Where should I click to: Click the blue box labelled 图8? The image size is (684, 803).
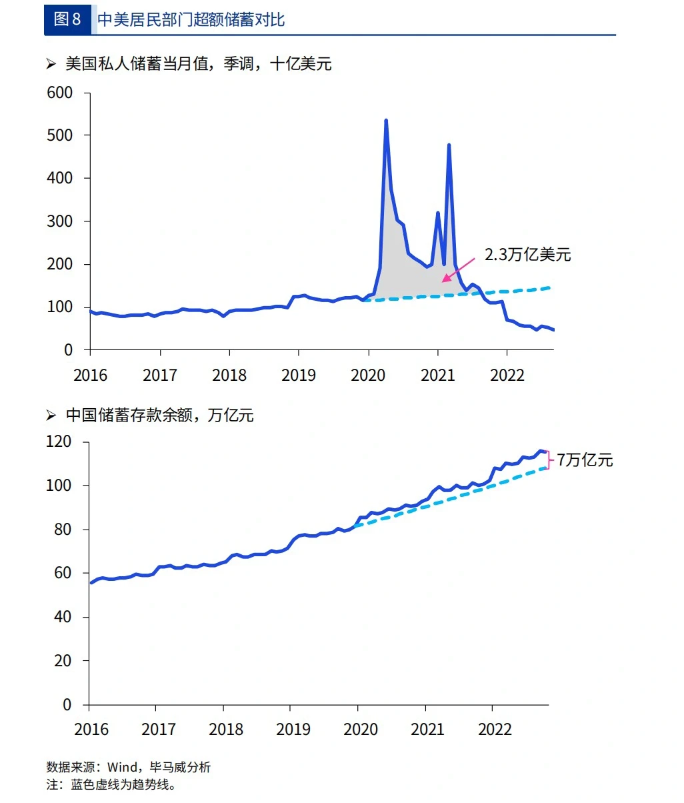tap(67, 19)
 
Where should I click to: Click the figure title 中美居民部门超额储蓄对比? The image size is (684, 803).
tap(191, 20)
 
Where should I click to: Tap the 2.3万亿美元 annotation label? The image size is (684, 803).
tap(527, 255)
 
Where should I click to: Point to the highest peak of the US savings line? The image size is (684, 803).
tap(386, 121)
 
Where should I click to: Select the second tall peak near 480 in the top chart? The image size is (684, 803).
tap(449, 145)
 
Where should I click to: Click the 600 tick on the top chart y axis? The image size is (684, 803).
tap(60, 93)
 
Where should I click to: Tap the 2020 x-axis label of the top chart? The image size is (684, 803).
tap(368, 375)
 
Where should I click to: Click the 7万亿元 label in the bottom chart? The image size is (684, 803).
tap(585, 460)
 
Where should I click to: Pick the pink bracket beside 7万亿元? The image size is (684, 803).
tap(550, 460)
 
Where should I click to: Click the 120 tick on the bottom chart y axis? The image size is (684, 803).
tap(59, 442)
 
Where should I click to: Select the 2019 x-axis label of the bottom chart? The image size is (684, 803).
tap(293, 729)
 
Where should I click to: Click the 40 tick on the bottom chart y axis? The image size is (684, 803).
tap(63, 617)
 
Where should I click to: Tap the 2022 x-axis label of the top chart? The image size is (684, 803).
tap(507, 375)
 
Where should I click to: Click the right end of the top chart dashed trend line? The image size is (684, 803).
tap(549, 287)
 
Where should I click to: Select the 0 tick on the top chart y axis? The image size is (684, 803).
tap(68, 349)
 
